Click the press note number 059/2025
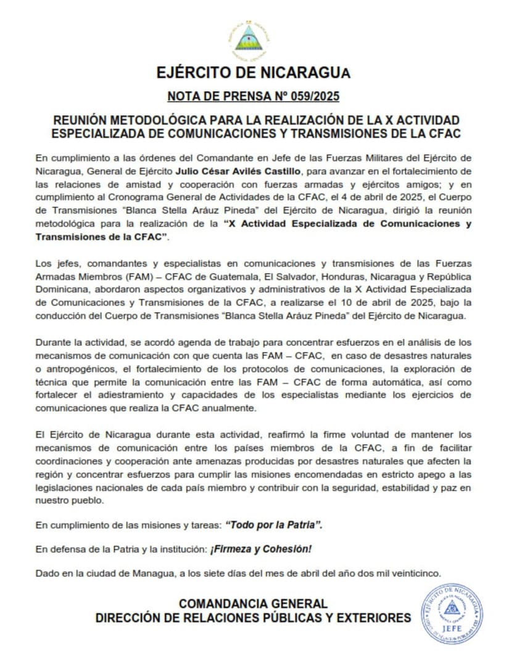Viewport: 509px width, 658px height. [x=312, y=97]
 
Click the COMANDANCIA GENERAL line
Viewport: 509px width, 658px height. [x=253, y=604]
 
